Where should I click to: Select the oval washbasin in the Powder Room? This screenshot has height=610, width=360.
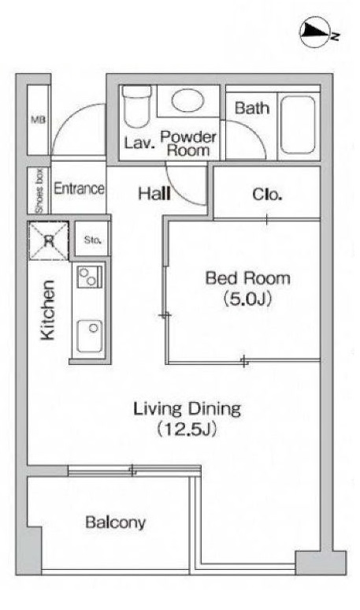pos(187,100)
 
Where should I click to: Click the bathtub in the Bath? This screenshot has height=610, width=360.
pos(298,125)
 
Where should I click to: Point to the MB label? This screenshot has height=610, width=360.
pos(38,120)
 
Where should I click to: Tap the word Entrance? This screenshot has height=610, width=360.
pos(80,188)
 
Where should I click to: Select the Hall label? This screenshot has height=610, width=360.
pos(154,193)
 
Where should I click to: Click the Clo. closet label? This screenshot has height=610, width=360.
pos(267,194)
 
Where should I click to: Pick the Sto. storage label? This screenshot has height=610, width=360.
pos(92,240)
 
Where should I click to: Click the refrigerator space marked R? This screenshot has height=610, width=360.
pos(49,241)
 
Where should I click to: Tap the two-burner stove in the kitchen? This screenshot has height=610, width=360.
pos(90,277)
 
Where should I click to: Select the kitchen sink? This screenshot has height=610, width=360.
pos(90,336)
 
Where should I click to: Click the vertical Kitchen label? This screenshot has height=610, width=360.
pos(48,310)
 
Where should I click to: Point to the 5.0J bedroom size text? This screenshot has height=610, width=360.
pos(247,299)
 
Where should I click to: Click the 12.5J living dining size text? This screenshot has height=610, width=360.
pos(186,430)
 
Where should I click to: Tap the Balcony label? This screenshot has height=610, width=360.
pos(116,522)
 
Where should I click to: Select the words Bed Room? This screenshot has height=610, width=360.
pos(247,278)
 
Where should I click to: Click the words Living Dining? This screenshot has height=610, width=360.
pos(187,409)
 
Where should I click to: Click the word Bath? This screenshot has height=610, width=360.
pos(252,108)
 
